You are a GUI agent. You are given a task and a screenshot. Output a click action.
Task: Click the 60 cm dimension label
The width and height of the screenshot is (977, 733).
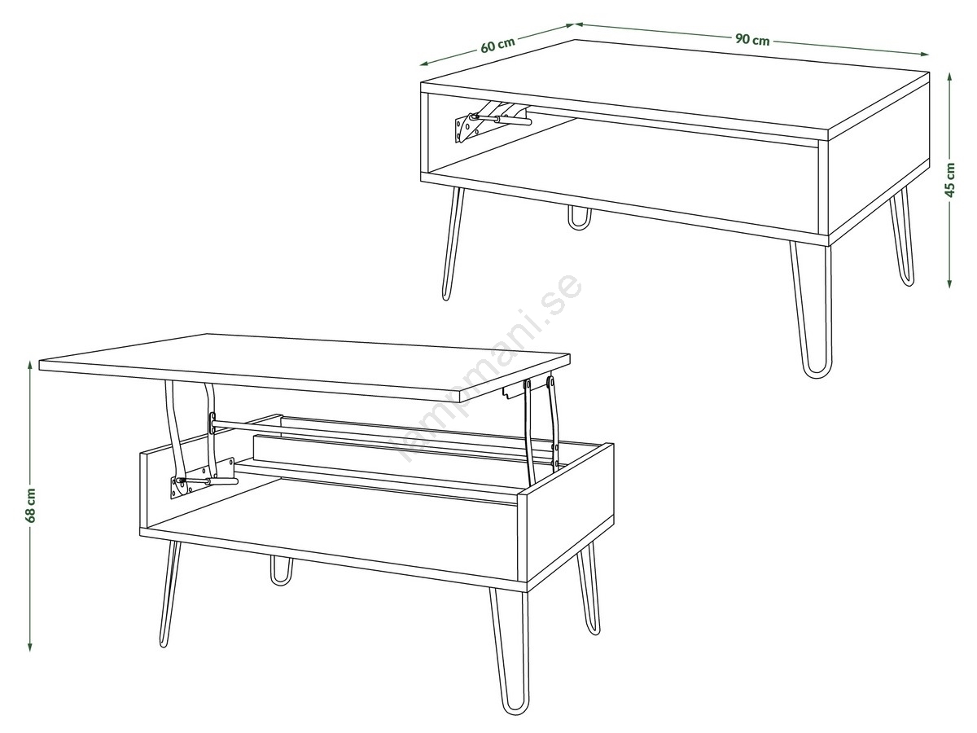[497, 44]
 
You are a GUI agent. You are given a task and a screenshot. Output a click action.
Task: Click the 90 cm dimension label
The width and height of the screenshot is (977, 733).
[751, 40]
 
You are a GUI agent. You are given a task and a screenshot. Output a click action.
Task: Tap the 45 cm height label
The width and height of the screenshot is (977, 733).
[949, 180]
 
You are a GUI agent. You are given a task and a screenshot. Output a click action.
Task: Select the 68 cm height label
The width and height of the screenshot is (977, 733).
[30, 506]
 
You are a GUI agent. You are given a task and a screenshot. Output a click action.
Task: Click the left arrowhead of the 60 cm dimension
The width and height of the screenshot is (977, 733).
[425, 64]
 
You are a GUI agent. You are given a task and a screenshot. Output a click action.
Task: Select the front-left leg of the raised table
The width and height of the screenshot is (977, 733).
[170, 595]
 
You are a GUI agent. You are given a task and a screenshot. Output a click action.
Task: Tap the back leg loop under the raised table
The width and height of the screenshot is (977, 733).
[282, 571]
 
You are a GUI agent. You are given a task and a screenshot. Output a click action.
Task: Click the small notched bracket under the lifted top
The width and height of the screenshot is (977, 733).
[512, 393]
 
